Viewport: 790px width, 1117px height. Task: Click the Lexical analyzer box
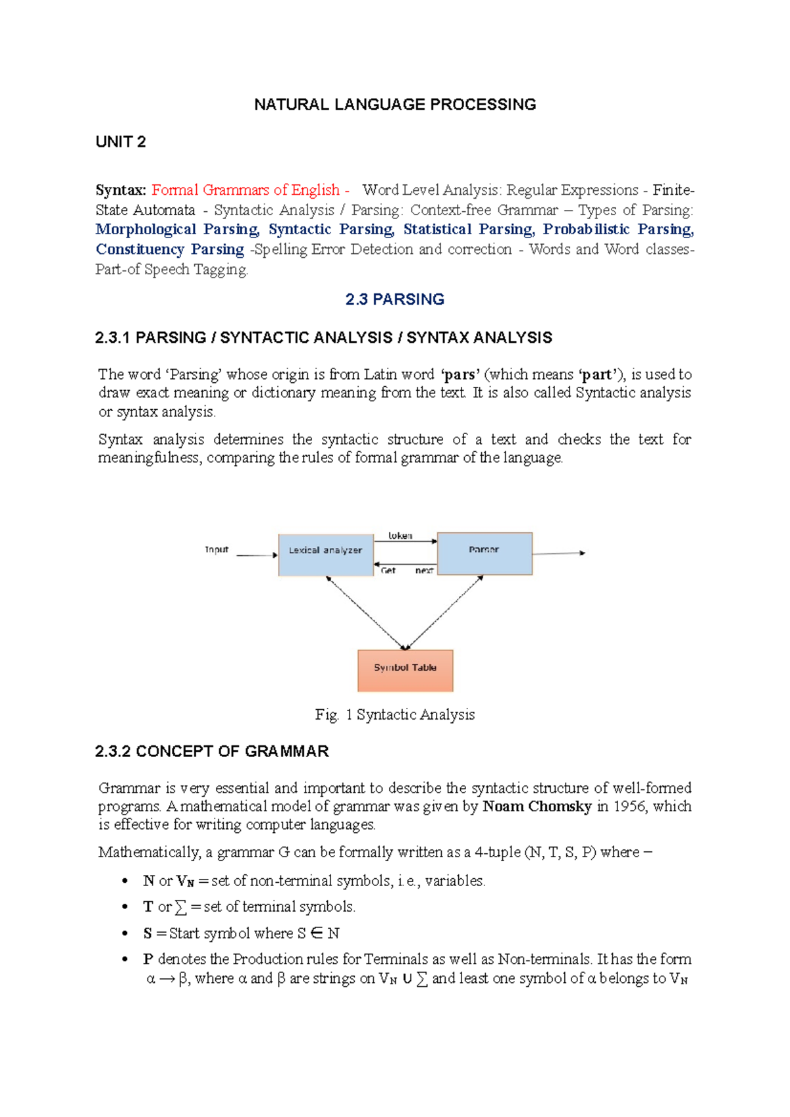pos(326,555)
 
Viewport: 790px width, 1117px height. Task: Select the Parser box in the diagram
pos(485,553)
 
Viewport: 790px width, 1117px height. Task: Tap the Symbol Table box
pos(405,670)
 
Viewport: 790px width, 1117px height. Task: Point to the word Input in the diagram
pos(217,550)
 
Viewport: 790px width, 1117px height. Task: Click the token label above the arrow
pos(400,535)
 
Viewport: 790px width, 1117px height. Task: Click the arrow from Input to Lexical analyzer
pos(257,555)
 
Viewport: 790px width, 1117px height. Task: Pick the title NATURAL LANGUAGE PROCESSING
pos(395,105)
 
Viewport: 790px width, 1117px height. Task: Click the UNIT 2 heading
pos(120,142)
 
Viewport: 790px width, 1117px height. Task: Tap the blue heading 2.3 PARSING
pos(395,299)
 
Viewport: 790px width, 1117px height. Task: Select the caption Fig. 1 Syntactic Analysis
pos(395,714)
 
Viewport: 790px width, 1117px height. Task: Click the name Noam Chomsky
pos(537,807)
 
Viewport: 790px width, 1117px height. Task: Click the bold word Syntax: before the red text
pos(120,190)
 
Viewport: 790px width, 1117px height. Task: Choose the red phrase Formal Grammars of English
pos(246,190)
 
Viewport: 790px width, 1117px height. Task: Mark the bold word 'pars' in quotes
pos(460,375)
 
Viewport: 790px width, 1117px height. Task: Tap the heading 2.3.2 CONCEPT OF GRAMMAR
pos(212,751)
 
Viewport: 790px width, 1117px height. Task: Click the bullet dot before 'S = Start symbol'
pos(124,933)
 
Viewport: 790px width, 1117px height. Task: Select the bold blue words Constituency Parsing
pos(170,249)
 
